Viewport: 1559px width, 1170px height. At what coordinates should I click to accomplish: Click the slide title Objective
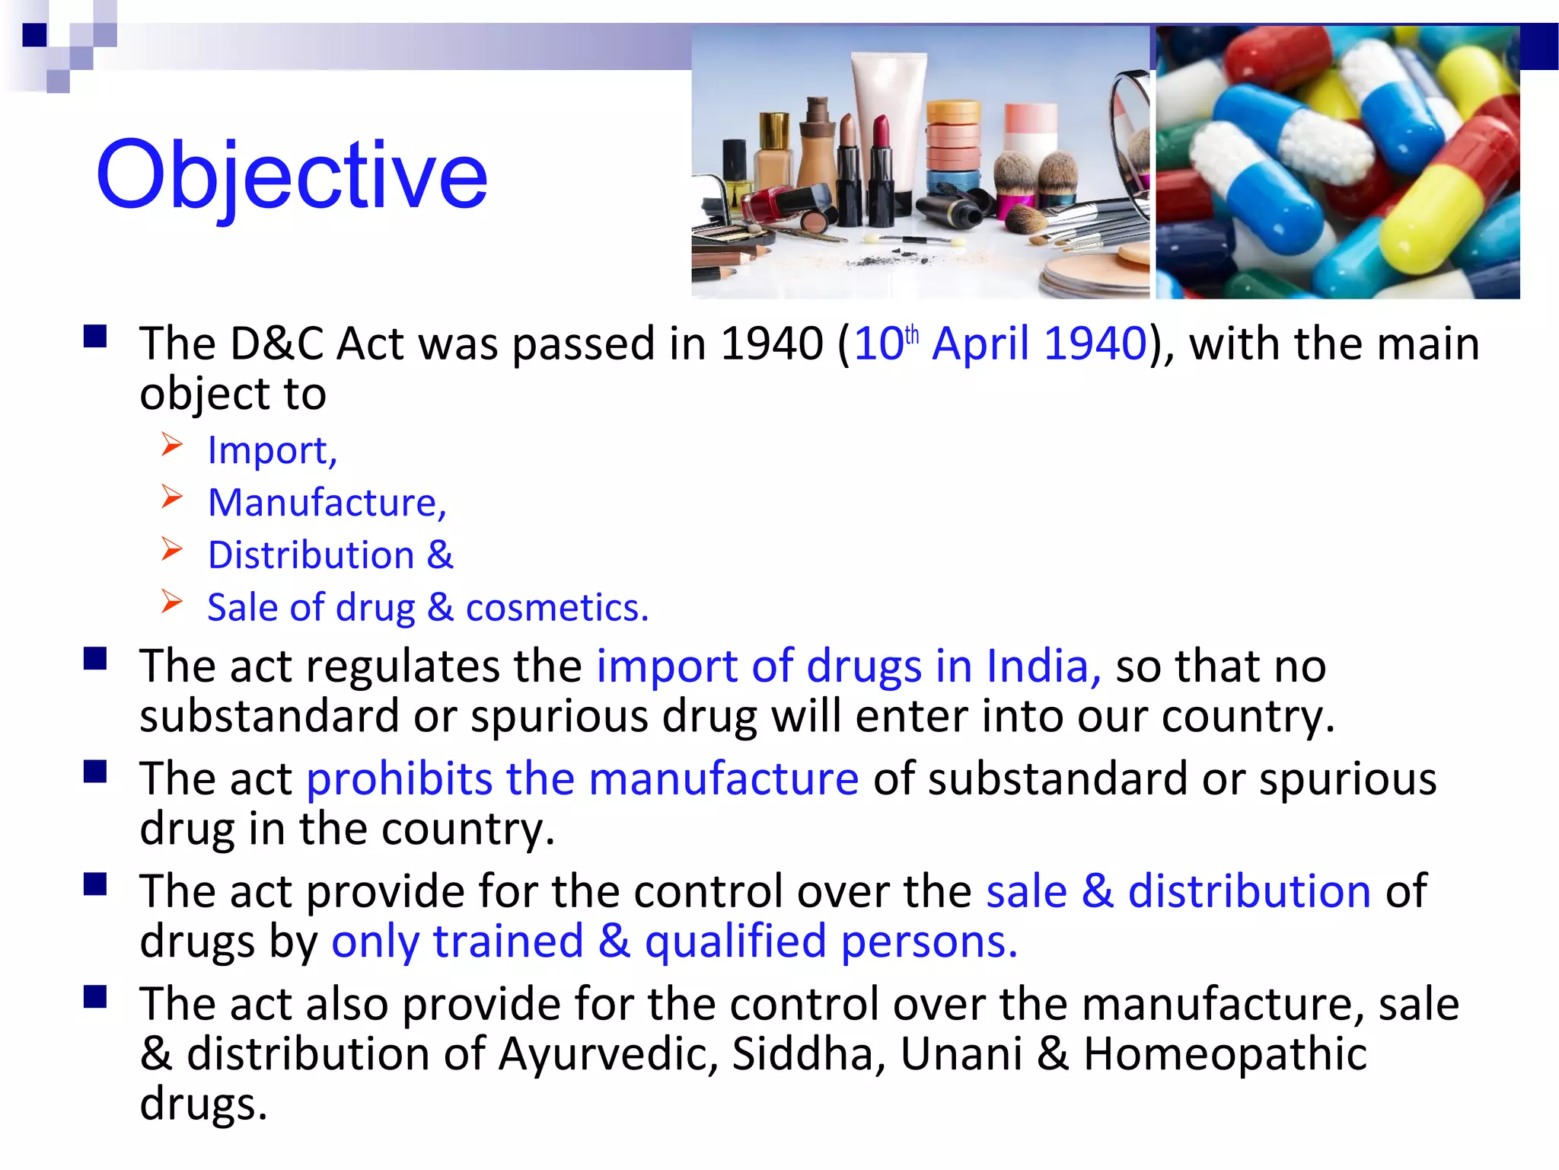point(292,175)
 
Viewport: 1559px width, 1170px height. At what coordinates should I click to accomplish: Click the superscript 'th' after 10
point(912,335)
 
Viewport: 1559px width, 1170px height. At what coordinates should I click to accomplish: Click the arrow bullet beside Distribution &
point(172,549)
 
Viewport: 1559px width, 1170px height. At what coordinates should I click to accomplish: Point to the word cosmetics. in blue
point(557,608)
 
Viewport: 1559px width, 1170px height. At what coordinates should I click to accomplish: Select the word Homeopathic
point(1225,1055)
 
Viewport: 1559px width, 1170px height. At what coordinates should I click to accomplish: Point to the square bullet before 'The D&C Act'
point(95,336)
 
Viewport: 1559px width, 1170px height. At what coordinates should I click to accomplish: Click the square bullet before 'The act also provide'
point(95,996)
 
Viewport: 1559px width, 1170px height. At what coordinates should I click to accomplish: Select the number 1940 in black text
point(772,344)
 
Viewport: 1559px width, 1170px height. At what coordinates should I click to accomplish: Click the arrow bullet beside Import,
point(172,444)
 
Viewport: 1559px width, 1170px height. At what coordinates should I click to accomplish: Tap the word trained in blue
point(509,941)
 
